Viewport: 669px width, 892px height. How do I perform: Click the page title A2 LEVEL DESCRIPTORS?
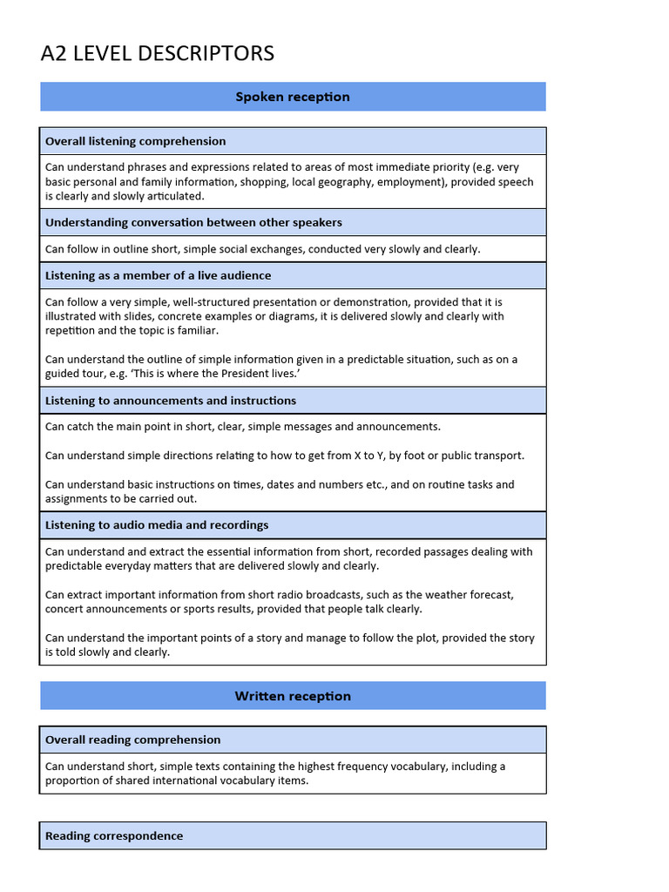coord(157,54)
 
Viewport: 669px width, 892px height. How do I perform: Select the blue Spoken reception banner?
coord(293,97)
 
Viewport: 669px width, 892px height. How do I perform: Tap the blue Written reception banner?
coord(293,696)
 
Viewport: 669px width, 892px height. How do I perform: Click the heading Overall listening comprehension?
coord(135,141)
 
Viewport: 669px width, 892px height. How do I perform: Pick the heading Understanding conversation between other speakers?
coord(193,222)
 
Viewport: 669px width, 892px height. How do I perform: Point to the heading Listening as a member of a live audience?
coord(158,275)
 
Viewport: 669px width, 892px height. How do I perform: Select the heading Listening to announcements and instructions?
coord(171,401)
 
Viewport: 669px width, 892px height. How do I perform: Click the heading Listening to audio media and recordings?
coord(157,525)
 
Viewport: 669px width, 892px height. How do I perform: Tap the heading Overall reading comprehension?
coord(132,740)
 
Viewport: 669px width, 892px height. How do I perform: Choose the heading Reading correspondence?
coord(114,836)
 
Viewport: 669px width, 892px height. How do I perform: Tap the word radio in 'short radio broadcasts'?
coord(261,595)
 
